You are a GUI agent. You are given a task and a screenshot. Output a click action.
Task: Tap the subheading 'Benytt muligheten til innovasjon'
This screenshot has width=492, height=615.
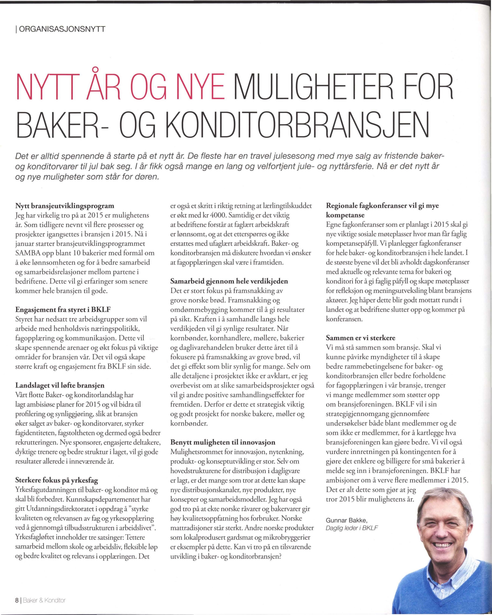pyautogui.click(x=223, y=442)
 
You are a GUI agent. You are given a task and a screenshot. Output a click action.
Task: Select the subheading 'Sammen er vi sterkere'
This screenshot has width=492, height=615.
pyautogui.click(x=361, y=338)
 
